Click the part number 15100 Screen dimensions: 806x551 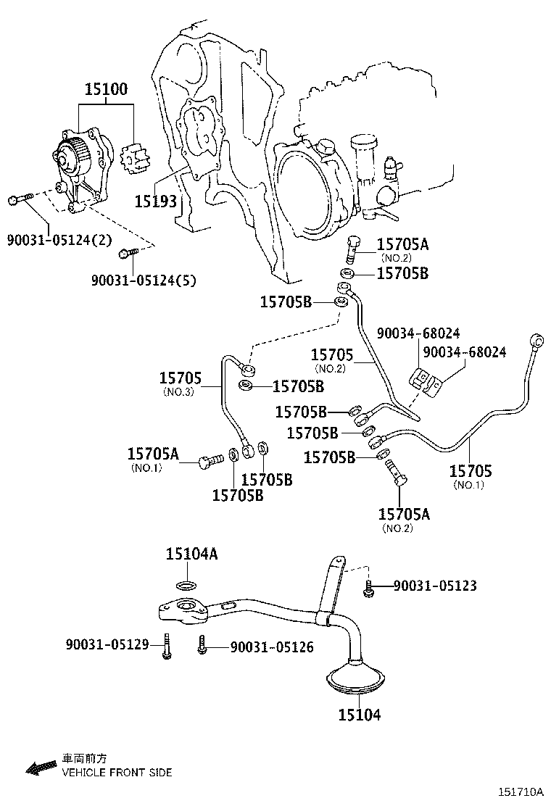click(x=106, y=90)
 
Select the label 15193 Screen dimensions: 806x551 click(x=155, y=200)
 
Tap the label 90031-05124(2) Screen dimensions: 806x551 click(x=59, y=239)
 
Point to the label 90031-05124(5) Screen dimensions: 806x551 click(x=144, y=280)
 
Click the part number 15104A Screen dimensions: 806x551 click(x=191, y=554)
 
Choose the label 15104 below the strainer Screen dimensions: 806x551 click(x=359, y=715)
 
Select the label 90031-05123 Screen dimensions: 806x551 click(x=435, y=586)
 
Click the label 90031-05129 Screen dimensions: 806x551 click(x=107, y=644)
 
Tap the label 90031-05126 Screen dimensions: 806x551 click(x=272, y=647)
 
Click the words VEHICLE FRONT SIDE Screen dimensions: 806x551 click(x=117, y=773)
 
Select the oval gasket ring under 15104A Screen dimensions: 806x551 click(x=186, y=585)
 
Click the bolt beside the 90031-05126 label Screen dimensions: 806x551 click(x=202, y=645)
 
